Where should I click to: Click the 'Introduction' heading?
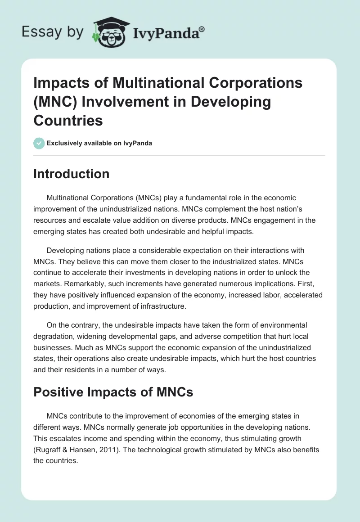[x=71, y=174]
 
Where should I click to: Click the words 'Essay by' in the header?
[x=53, y=32]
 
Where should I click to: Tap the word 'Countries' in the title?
[x=68, y=120]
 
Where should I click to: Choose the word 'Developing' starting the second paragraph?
[x=67, y=250]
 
